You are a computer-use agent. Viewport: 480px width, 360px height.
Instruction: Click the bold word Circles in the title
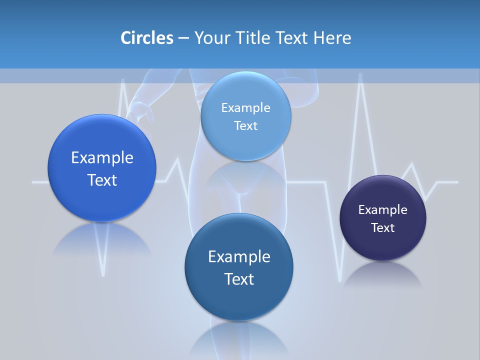click(x=147, y=38)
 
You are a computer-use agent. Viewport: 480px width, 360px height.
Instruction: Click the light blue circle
click(x=245, y=116)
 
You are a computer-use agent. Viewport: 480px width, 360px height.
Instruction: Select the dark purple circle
click(x=383, y=218)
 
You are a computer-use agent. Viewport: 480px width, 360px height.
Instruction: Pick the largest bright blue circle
click(x=102, y=168)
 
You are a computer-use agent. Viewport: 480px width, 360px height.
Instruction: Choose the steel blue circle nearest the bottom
click(x=239, y=267)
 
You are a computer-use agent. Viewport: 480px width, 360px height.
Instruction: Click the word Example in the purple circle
click(x=382, y=210)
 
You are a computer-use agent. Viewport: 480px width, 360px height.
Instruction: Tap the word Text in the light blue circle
click(x=245, y=126)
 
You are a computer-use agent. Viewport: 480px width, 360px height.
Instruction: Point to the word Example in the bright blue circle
click(x=102, y=158)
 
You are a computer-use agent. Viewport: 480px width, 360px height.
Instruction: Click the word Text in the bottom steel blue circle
click(x=239, y=279)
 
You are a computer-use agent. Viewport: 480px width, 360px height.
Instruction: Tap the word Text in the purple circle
click(x=383, y=228)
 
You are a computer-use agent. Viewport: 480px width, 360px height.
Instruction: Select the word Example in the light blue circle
click(x=245, y=108)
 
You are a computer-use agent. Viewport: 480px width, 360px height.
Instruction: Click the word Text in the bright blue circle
click(x=102, y=180)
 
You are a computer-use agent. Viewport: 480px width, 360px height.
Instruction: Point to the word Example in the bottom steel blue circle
click(x=239, y=257)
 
